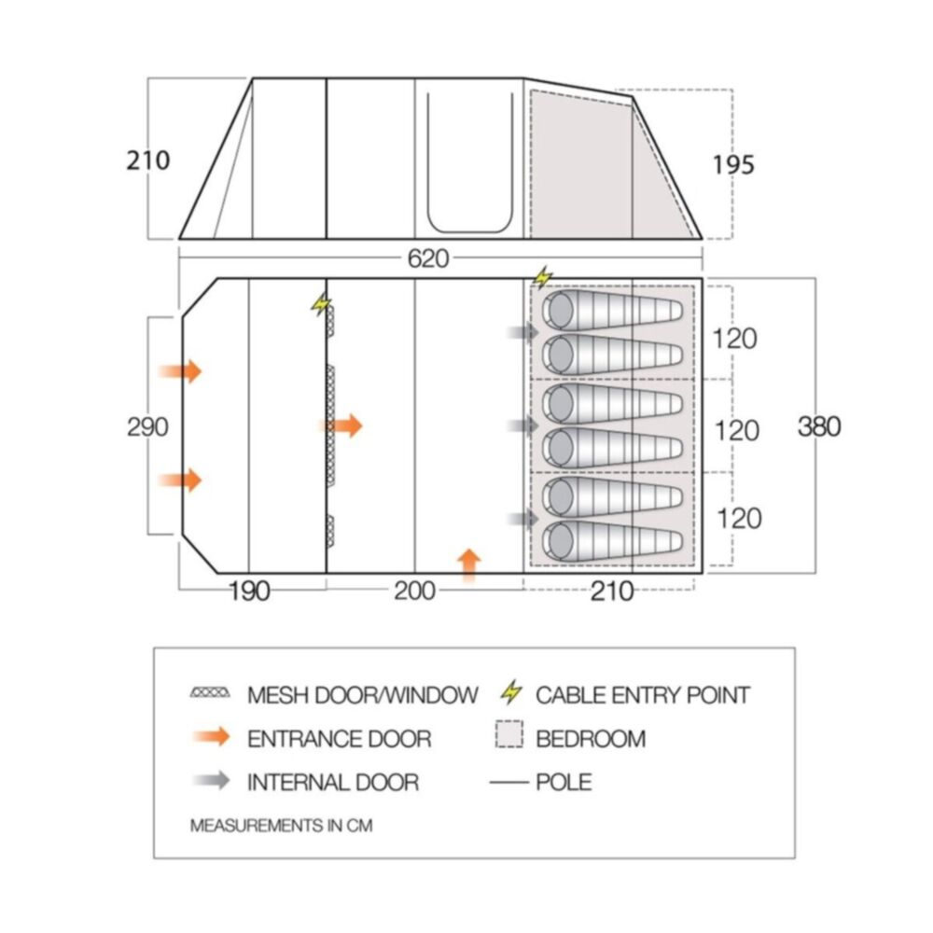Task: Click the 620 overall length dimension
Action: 428,258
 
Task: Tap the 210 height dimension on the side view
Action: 148,160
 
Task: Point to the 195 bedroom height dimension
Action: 733,165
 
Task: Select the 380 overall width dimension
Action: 819,426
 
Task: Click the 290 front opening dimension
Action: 147,426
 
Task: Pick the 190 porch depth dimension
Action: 249,592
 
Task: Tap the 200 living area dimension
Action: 415,592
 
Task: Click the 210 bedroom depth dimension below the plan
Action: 612,592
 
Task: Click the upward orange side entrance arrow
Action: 469,565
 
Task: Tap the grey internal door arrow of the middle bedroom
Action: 523,425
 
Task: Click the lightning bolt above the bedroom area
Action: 542,277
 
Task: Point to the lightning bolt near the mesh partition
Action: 321,304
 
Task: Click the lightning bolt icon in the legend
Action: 511,692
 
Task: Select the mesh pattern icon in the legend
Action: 210,693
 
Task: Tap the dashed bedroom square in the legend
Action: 509,734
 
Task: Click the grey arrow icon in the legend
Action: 211,780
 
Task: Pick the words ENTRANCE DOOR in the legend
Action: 340,739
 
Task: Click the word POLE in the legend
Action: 564,782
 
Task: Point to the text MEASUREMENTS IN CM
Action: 281,826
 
